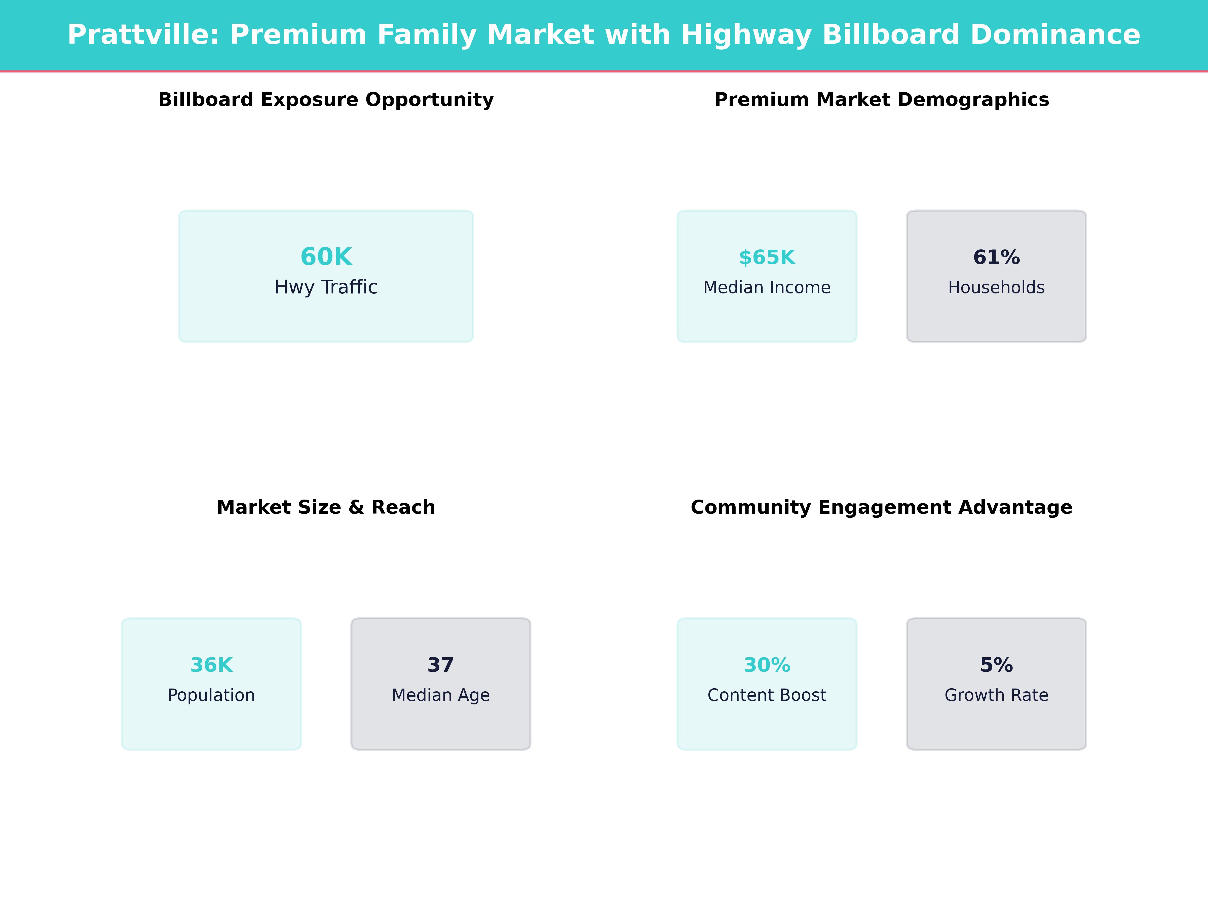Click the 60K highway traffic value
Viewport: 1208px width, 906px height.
pyautogui.click(x=326, y=257)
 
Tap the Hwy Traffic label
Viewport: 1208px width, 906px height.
pyautogui.click(x=326, y=287)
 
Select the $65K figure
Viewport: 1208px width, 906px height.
pyautogui.click(x=767, y=257)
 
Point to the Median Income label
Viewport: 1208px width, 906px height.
pyautogui.click(x=767, y=287)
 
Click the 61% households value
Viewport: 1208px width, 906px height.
pyautogui.click(x=996, y=257)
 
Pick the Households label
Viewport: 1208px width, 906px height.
pyautogui.click(x=996, y=287)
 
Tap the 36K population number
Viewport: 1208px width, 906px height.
pyautogui.click(x=211, y=665)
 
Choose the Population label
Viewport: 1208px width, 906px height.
pyautogui.click(x=211, y=695)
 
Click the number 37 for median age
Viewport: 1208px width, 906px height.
pyautogui.click(x=441, y=665)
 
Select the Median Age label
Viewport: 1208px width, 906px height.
pyautogui.click(x=441, y=695)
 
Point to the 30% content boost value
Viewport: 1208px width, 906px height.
pyautogui.click(x=767, y=665)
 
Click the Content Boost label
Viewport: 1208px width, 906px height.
pyautogui.click(x=767, y=695)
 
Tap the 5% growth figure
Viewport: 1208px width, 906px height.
pyautogui.click(x=996, y=665)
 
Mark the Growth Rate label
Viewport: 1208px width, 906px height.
pyautogui.click(x=996, y=695)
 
